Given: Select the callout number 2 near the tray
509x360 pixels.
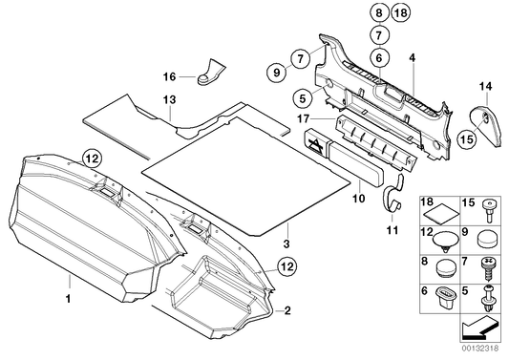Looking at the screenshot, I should pyautogui.click(x=286, y=310).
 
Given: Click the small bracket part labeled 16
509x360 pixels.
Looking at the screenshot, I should pyautogui.click(x=210, y=73).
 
